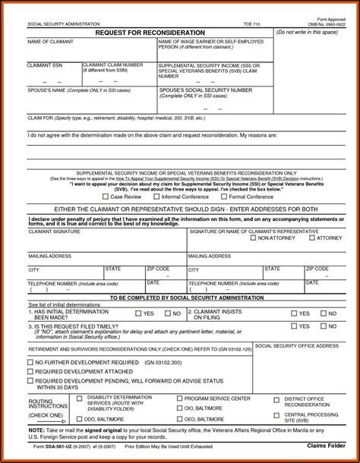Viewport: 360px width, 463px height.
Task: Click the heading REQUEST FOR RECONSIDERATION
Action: coord(150,33)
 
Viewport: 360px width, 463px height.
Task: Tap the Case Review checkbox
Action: coord(106,196)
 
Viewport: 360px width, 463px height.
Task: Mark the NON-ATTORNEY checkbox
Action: coord(254,238)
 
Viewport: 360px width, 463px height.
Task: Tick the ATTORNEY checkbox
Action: coord(311,238)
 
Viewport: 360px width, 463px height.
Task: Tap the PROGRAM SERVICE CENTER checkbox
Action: coord(180,398)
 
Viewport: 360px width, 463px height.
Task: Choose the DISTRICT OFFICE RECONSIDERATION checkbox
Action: coord(279,398)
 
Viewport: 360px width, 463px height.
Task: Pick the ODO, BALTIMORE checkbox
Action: coord(79,418)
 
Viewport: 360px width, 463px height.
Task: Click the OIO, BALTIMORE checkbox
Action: coord(180,408)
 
